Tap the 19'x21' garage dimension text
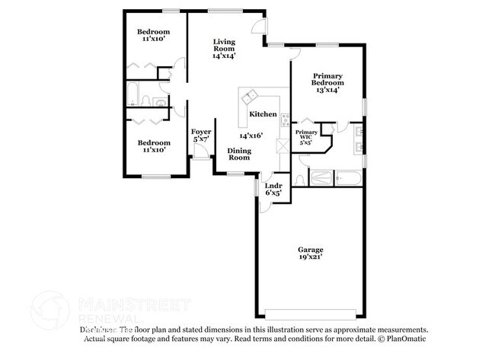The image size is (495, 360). click(310, 258)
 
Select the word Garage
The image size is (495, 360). click(310, 250)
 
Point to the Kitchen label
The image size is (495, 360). click(263, 114)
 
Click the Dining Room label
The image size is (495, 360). click(239, 155)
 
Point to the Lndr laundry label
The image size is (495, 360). click(273, 185)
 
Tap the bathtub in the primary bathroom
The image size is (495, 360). click(349, 178)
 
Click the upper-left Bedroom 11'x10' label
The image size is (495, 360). click(153, 36)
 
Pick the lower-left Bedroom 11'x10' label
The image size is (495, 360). click(153, 145)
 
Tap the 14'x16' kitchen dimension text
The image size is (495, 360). click(250, 135)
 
